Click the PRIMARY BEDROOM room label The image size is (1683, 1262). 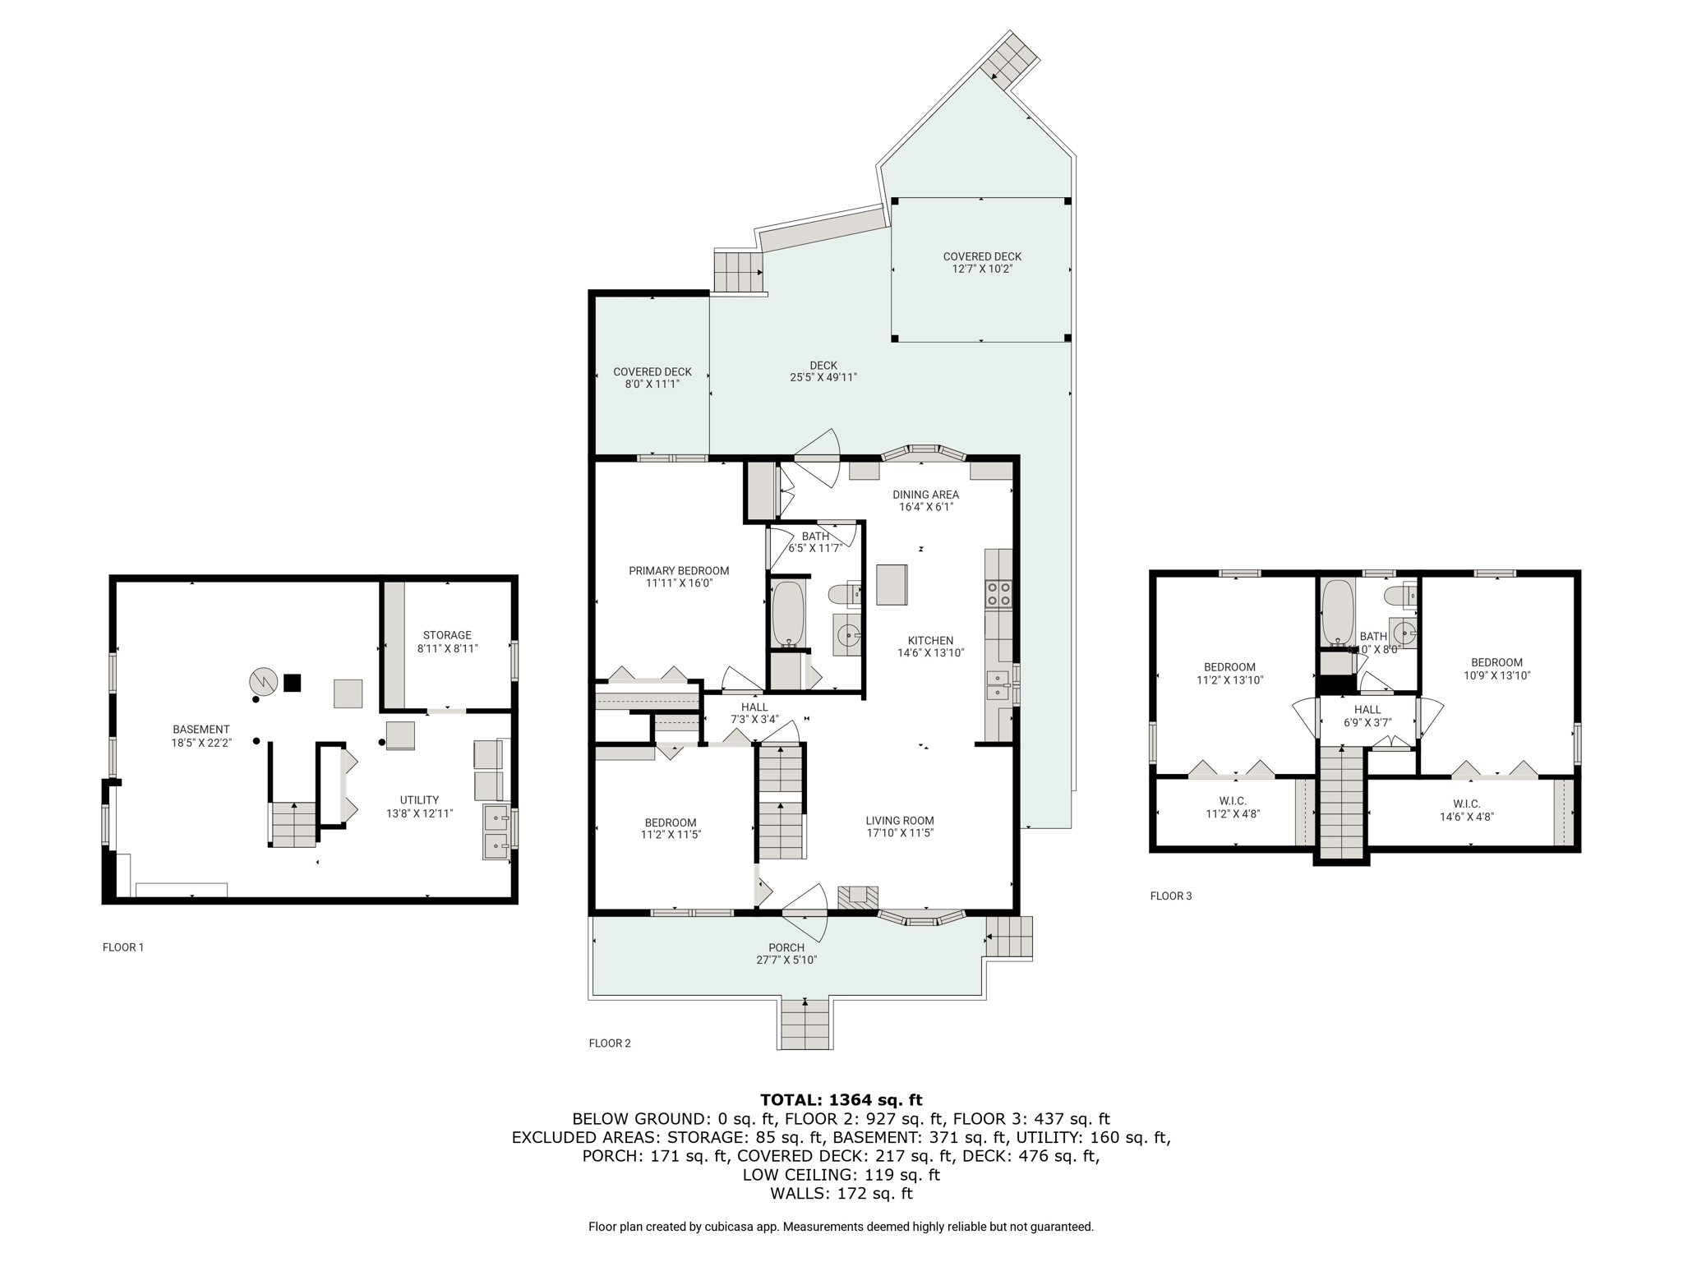[x=679, y=571]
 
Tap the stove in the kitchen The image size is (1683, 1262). [x=998, y=594]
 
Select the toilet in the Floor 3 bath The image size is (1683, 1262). [x=1400, y=593]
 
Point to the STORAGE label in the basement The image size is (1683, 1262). [x=447, y=635]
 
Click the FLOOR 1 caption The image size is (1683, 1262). [x=123, y=947]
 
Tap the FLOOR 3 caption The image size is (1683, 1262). [x=1171, y=896]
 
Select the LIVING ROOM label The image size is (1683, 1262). [x=900, y=820]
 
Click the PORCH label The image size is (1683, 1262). [x=786, y=947]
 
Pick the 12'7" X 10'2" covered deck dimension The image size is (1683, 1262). [x=982, y=269]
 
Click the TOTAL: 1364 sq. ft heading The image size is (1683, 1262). [x=841, y=1099]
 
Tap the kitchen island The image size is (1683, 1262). [x=892, y=584]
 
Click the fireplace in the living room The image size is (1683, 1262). [x=858, y=897]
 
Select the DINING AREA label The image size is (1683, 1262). [x=926, y=495]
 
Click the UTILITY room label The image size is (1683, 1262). [x=419, y=799]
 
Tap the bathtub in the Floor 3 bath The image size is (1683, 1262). [x=1338, y=613]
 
